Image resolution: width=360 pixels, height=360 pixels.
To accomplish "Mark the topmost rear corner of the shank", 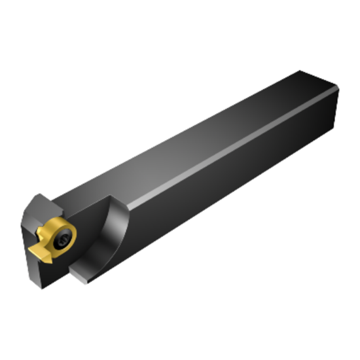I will pyautogui.click(x=302, y=70).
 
